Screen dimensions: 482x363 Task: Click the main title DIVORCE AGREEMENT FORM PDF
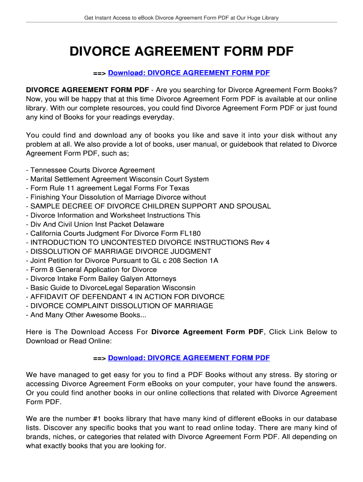click(181, 51)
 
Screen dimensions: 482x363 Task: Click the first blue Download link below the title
click(189, 73)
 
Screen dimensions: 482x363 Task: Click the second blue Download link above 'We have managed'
click(189, 358)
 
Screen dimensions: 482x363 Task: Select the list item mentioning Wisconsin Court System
click(119, 179)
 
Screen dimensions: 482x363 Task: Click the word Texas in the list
click(179, 188)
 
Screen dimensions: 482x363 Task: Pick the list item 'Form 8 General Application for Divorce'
click(93, 269)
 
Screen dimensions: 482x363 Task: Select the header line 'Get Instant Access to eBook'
click(181, 18)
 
